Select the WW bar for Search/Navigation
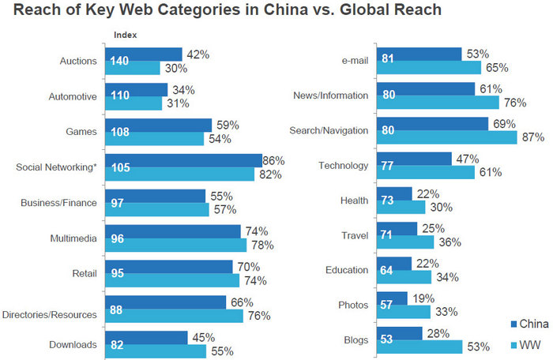[446, 137]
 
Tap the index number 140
[118, 62]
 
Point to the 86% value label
[273, 160]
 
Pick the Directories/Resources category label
[51, 314]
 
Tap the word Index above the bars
[125, 36]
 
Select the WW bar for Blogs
[419, 346]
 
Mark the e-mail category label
[352, 60]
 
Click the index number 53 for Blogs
[387, 339]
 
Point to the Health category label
[355, 201]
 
